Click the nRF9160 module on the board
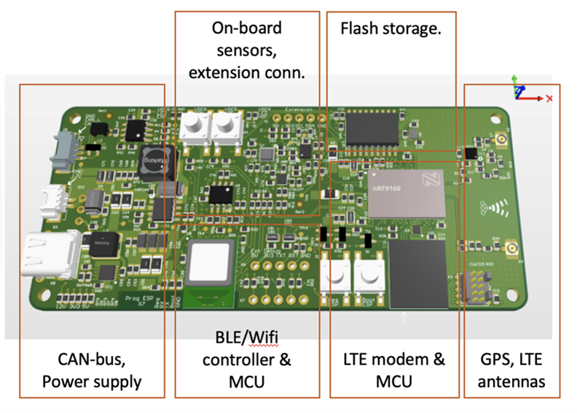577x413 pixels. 406,192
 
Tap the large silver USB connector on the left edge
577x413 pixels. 52,254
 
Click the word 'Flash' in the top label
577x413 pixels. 361,30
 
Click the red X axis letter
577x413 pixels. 549,98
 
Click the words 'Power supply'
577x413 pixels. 91,382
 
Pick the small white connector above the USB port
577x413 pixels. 55,198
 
